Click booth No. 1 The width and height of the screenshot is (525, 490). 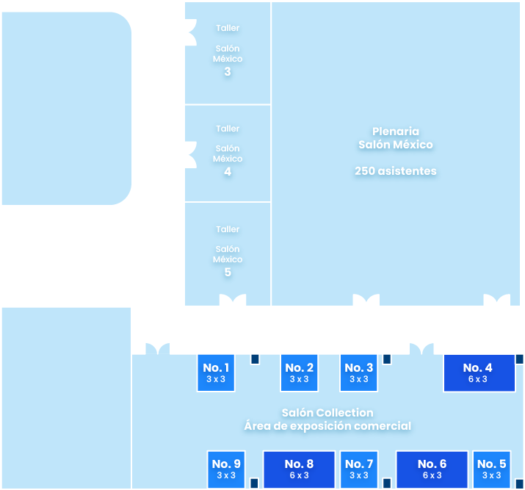(x=216, y=373)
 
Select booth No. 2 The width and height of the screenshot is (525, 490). (x=299, y=373)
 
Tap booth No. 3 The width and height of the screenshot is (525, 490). (x=358, y=373)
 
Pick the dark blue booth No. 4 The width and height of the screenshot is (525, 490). (x=477, y=373)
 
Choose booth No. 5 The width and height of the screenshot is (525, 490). (x=491, y=469)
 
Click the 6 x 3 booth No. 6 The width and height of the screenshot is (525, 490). (x=432, y=469)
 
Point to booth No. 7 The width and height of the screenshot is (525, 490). (x=358, y=469)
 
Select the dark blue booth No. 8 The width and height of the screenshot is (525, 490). (x=299, y=469)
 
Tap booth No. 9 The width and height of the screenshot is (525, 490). (x=225, y=469)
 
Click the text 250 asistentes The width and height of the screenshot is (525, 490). (x=395, y=171)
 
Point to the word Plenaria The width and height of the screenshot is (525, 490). (x=395, y=131)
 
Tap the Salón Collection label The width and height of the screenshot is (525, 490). (x=327, y=413)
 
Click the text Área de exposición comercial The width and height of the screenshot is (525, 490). (x=327, y=426)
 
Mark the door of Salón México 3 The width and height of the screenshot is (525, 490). (x=191, y=28)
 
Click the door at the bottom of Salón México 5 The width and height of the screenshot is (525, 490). (x=233, y=300)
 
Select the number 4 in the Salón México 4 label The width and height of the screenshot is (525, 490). (x=228, y=172)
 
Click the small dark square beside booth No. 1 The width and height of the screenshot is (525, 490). (x=255, y=359)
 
